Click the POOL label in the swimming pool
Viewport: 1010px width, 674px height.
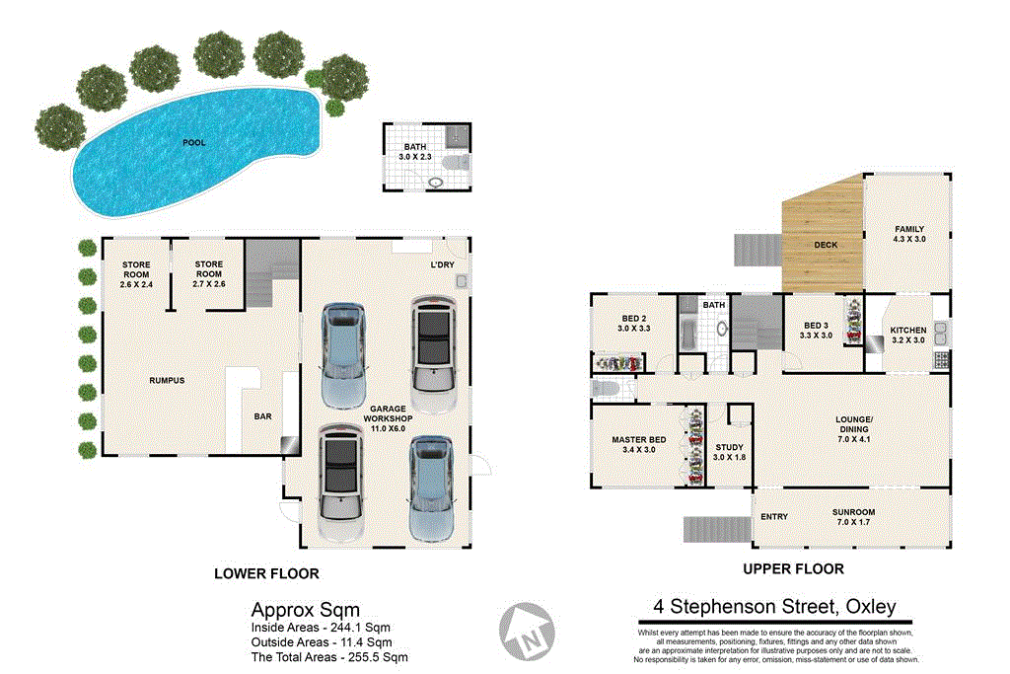[x=194, y=143]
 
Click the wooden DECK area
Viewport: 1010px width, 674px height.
[x=825, y=245]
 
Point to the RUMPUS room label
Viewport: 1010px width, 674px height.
[x=167, y=380]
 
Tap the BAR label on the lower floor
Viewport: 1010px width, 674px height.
[x=262, y=417]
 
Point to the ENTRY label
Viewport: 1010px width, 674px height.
[x=774, y=516]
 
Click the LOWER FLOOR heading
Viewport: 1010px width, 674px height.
[x=266, y=573]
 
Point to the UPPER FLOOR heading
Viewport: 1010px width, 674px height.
[x=793, y=568]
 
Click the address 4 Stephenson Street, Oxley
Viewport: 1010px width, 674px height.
[x=774, y=607]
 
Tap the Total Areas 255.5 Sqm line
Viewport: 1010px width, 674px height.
[x=329, y=656]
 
